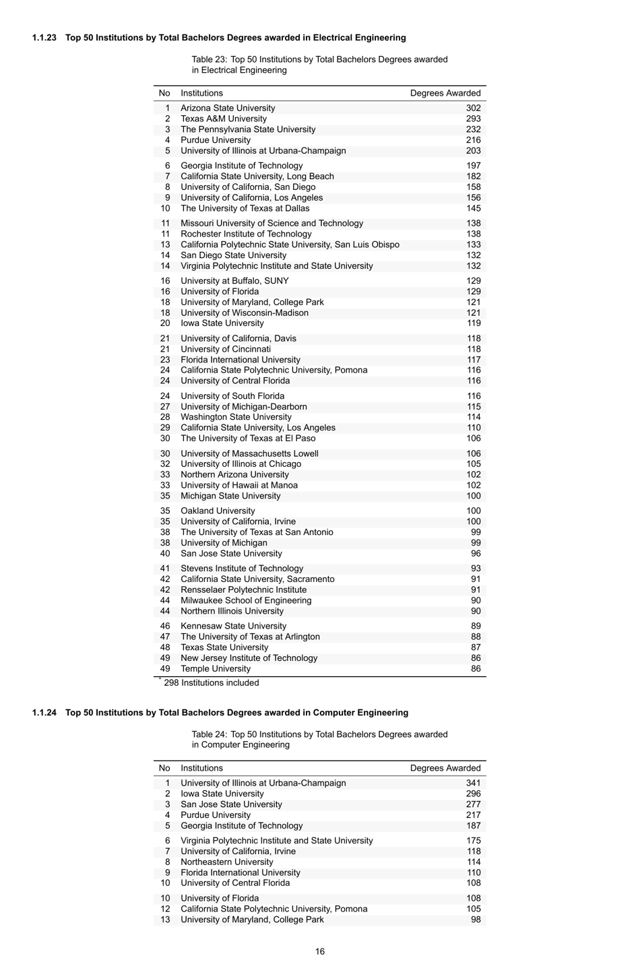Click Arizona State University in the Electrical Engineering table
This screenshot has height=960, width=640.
pyautogui.click(x=228, y=108)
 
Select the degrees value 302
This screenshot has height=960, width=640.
pyautogui.click(x=473, y=108)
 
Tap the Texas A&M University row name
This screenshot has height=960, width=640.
pyautogui.click(x=223, y=119)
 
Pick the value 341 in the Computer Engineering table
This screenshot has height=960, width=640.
pyautogui.click(x=473, y=783)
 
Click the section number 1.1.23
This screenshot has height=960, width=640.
pyautogui.click(x=44, y=38)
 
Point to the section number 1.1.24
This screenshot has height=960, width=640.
pyautogui.click(x=44, y=713)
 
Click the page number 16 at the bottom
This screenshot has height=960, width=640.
pyautogui.click(x=320, y=951)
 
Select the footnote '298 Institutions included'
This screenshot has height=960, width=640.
pyautogui.click(x=211, y=683)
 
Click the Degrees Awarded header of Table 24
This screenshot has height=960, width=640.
pyautogui.click(x=445, y=768)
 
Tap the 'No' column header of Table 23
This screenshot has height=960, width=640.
pyautogui.click(x=164, y=93)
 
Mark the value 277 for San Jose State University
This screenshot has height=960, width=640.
pyautogui.click(x=473, y=804)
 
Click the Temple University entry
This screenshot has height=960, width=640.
pyautogui.click(x=215, y=669)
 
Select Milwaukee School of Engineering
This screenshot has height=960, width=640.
pyautogui.click(x=246, y=600)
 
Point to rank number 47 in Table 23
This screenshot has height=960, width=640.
pyautogui.click(x=165, y=637)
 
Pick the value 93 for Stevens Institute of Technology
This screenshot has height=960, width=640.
pyautogui.click(x=476, y=569)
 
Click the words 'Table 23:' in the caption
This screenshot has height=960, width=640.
pyautogui.click(x=209, y=59)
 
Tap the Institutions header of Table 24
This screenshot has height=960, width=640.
pyautogui.click(x=201, y=768)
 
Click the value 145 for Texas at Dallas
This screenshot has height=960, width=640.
pyautogui.click(x=473, y=208)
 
